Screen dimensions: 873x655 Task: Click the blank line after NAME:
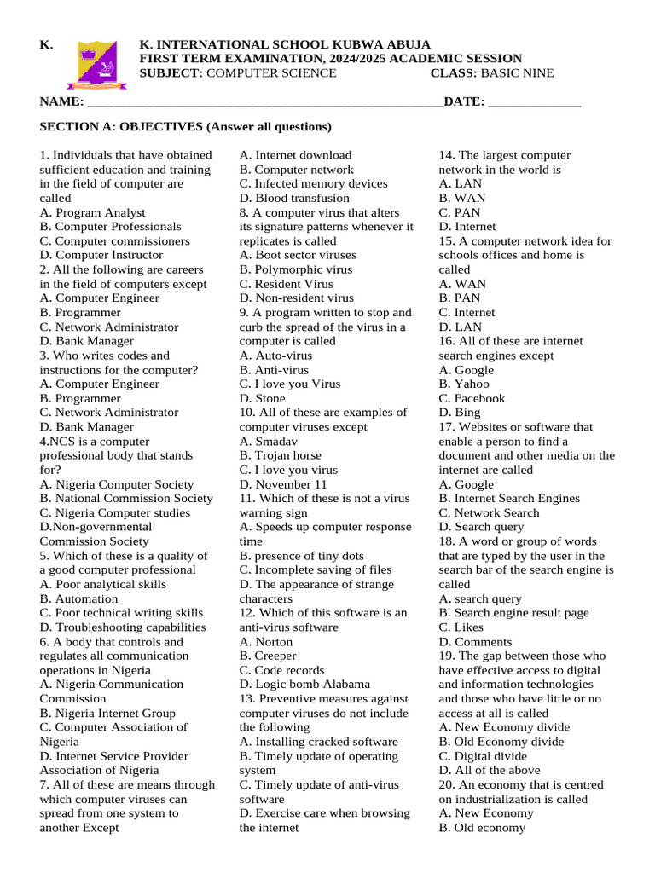click(264, 103)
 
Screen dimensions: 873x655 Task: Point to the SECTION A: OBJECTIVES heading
click(185, 127)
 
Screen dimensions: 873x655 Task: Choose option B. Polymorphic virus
click(295, 269)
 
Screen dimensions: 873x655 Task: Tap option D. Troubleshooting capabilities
click(123, 627)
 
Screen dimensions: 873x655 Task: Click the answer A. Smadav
click(267, 442)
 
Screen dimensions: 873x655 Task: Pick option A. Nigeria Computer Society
click(116, 484)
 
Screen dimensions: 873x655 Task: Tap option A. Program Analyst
click(92, 212)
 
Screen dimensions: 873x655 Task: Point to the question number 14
click(446, 155)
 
